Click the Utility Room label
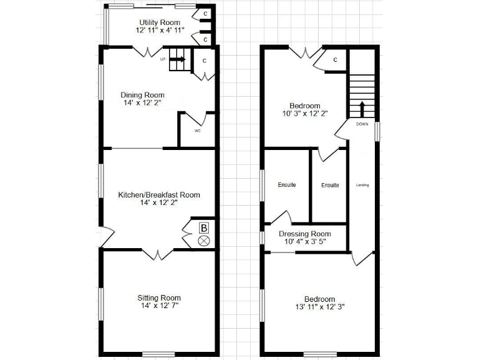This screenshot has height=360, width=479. coord(160,22)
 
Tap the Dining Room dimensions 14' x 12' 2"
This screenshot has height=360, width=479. coord(142,104)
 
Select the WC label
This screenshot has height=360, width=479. coord(197,131)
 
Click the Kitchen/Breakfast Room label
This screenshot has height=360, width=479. coord(159,195)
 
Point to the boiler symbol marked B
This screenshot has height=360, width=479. coord(203,228)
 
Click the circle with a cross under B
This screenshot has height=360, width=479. coord(203,241)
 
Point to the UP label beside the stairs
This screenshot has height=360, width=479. coord(163,60)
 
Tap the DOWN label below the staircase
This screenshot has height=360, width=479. coord(362,124)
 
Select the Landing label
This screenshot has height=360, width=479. coord(362,185)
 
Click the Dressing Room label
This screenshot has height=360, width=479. coord(305,233)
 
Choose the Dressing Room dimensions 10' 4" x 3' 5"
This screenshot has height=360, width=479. coord(305,241)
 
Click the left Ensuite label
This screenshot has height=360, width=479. coord(286,185)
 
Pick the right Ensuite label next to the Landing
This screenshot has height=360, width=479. coord(330,185)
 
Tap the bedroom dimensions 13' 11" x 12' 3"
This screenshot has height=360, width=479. coord(319,307)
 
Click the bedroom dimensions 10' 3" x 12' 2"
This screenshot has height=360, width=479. coord(304,114)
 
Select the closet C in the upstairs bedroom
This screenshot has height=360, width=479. coord(335,60)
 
